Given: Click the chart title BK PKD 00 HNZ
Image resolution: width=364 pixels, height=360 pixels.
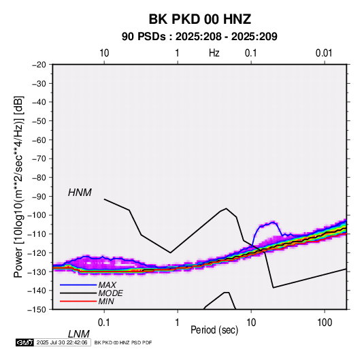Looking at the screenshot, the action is [199, 19].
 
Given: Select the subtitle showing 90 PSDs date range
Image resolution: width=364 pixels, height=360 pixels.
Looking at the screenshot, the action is [199, 37].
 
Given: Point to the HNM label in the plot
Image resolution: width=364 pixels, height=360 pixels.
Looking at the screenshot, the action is [80, 193].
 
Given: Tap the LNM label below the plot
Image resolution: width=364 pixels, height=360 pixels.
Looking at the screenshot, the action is [79, 334].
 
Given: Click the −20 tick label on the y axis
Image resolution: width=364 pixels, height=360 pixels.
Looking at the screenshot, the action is [39, 65].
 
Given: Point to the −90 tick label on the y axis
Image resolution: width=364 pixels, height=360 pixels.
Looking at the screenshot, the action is [39, 196].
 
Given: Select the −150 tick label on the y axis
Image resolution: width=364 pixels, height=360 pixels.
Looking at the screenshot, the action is [37, 310].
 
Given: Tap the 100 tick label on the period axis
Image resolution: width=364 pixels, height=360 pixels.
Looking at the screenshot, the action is [325, 323].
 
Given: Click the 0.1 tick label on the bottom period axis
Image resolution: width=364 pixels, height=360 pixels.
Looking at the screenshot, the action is [104, 323].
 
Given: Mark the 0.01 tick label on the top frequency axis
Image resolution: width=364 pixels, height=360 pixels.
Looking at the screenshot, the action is [324, 53].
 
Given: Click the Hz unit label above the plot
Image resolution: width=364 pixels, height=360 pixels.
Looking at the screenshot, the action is [214, 53].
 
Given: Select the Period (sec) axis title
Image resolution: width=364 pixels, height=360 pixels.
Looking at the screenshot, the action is [214, 330].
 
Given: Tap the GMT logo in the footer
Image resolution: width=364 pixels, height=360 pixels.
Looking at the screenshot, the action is [25, 342].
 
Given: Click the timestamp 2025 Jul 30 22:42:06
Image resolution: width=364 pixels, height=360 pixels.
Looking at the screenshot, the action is [62, 342].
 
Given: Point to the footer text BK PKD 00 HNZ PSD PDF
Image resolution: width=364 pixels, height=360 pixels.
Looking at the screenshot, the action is [123, 342].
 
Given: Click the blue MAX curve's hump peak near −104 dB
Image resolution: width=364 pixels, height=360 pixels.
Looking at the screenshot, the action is [273, 223].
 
